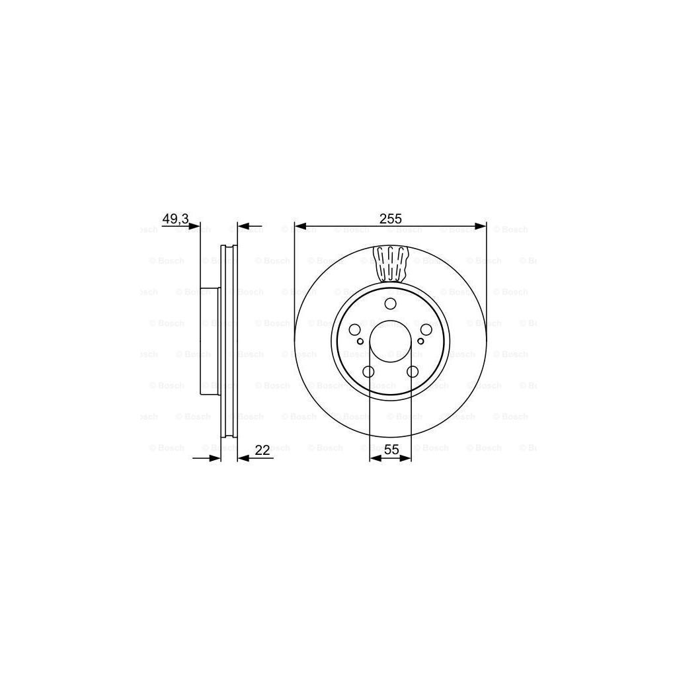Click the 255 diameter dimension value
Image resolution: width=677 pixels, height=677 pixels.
tap(391, 219)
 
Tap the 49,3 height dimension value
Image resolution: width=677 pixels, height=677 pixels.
tap(175, 219)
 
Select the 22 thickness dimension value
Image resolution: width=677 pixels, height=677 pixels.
tap(262, 450)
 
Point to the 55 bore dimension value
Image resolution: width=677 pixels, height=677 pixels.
tap(391, 449)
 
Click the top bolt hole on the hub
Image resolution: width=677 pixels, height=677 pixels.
tap(390, 304)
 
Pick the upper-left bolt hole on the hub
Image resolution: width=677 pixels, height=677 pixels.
tap(354, 330)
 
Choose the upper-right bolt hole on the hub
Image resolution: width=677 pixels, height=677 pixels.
tap(426, 330)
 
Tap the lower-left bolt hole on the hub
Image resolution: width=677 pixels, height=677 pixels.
tap(368, 372)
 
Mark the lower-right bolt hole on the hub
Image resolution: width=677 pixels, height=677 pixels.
tap(413, 372)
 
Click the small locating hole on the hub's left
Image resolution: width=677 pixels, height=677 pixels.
tap(360, 342)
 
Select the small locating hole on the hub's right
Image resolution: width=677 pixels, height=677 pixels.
tap(421, 342)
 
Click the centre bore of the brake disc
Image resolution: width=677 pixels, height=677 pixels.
tap(390, 341)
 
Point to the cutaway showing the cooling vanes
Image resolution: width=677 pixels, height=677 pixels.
tap(390, 264)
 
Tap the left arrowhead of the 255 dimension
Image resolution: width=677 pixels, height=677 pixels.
tap(299, 227)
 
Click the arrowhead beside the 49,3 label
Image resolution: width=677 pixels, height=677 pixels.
tap(194, 227)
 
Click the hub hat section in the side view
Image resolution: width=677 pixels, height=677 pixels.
tap(209, 341)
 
